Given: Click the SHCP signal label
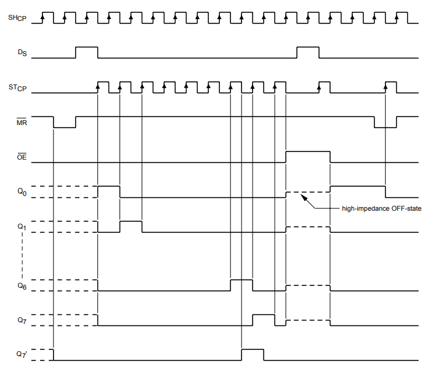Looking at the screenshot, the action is tap(17, 18).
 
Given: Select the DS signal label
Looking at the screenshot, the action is tap(22, 52).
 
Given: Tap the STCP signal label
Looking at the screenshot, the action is tap(17, 88).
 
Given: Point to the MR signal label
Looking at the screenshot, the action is tap(22, 122).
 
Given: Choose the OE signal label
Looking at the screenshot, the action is tap(22, 157).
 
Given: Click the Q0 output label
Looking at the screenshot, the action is tap(22, 192).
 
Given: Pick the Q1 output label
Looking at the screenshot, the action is tap(22, 227).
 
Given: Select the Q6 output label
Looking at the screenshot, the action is tap(22, 286).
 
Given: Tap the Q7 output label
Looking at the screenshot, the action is tap(22, 320).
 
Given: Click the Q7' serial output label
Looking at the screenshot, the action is tap(22, 354).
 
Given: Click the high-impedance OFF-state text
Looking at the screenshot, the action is tap(381, 208).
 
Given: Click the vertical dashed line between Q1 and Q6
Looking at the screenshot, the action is tap(22, 256).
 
